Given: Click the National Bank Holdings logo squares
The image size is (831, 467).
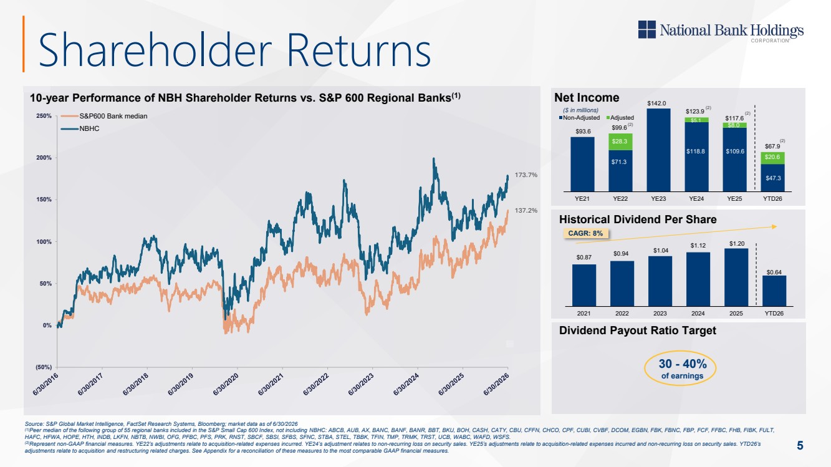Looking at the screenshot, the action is click(646, 29).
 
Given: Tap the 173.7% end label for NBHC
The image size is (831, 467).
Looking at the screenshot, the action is click(526, 175).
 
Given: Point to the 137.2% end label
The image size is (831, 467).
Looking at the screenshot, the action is click(526, 210).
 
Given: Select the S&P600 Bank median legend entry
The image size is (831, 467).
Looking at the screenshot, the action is click(104, 116).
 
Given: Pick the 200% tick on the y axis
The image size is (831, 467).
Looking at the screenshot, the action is click(44, 158).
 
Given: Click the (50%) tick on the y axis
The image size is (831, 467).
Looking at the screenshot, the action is click(44, 367).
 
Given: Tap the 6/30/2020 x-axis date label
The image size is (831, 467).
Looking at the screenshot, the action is click(225, 384).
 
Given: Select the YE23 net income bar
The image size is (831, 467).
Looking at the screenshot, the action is click(658, 150).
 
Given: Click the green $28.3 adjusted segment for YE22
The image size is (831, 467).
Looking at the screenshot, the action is click(620, 142).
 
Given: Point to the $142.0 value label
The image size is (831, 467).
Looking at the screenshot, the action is click(656, 104).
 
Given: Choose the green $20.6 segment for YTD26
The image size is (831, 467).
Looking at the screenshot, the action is click(773, 158).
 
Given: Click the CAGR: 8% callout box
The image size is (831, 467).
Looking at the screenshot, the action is click(586, 233).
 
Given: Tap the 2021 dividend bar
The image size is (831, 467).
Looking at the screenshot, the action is click(584, 285).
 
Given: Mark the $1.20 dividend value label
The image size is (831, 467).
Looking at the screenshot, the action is click(737, 244).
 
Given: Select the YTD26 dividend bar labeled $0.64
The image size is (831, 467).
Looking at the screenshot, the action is click(774, 291).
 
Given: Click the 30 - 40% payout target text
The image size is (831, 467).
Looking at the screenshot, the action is click(683, 364).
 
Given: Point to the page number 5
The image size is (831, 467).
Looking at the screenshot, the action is click(800, 445).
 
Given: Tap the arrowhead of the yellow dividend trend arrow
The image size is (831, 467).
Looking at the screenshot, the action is click(774, 226).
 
